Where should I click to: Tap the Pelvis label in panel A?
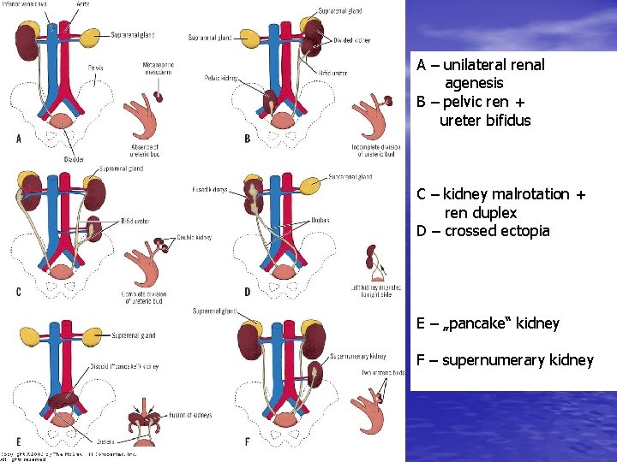95,67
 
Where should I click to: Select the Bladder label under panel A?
75,159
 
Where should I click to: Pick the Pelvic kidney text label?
222,78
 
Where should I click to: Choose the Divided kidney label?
350,41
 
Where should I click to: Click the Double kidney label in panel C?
195,237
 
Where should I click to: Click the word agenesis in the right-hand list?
474,84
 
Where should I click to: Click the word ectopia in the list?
524,231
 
